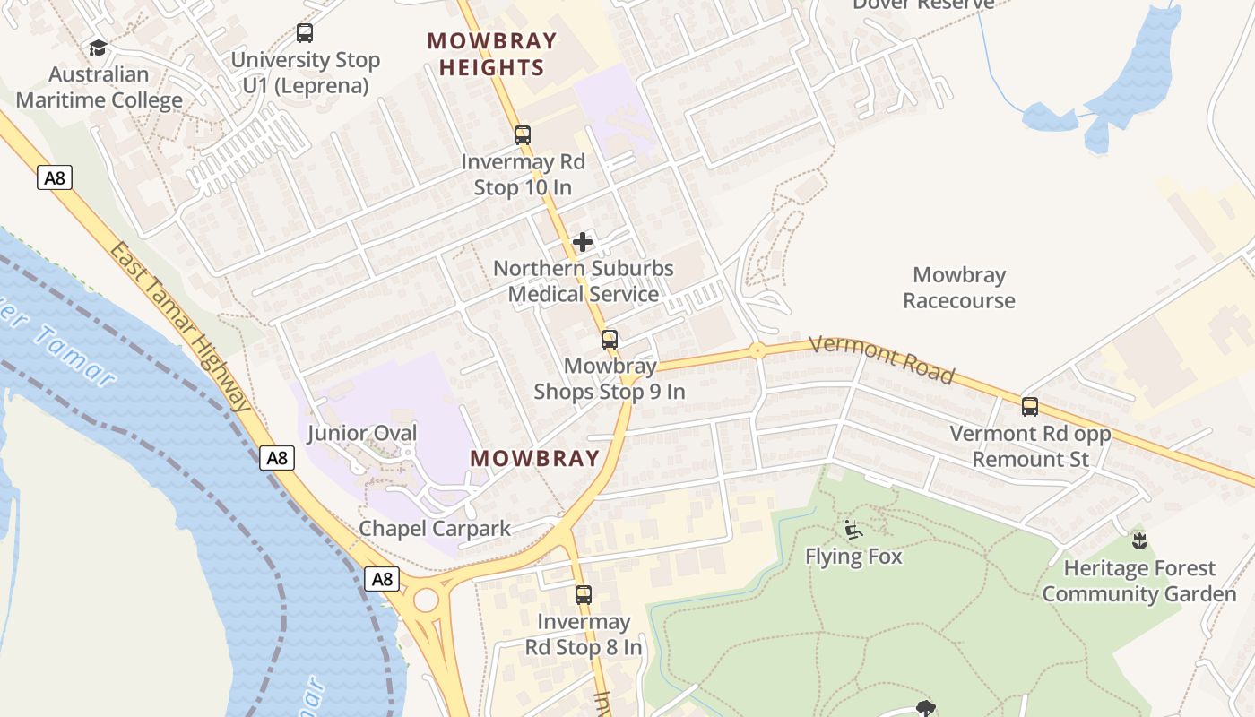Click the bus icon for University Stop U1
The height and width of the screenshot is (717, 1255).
(x=305, y=33)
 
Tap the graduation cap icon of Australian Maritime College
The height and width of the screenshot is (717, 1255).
(x=98, y=48)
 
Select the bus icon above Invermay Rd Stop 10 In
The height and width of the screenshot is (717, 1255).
(x=522, y=135)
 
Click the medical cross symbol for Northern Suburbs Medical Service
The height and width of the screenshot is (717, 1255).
(x=583, y=241)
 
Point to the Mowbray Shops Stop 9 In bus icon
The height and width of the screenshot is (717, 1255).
(x=610, y=339)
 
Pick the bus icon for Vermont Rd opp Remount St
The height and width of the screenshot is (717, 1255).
(x=1030, y=407)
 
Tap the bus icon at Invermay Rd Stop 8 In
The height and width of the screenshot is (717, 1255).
(x=584, y=594)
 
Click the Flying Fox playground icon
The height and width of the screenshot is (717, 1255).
(x=853, y=530)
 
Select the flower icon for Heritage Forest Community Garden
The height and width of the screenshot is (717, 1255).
(x=1139, y=540)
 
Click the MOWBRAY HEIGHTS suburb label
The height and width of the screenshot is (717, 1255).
(x=491, y=54)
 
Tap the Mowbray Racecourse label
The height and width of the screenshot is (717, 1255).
(x=958, y=288)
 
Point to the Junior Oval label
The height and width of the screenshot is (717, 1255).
(x=362, y=434)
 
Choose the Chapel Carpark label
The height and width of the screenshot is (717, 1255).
(x=435, y=529)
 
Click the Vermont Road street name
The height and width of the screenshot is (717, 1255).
(x=881, y=358)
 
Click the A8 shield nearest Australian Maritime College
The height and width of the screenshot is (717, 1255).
(x=55, y=177)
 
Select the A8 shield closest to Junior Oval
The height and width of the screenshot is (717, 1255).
(x=278, y=458)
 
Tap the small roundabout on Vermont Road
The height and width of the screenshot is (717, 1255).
(x=757, y=350)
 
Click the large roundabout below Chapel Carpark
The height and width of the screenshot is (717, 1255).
(x=426, y=599)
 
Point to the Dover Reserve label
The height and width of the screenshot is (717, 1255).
(x=923, y=4)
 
